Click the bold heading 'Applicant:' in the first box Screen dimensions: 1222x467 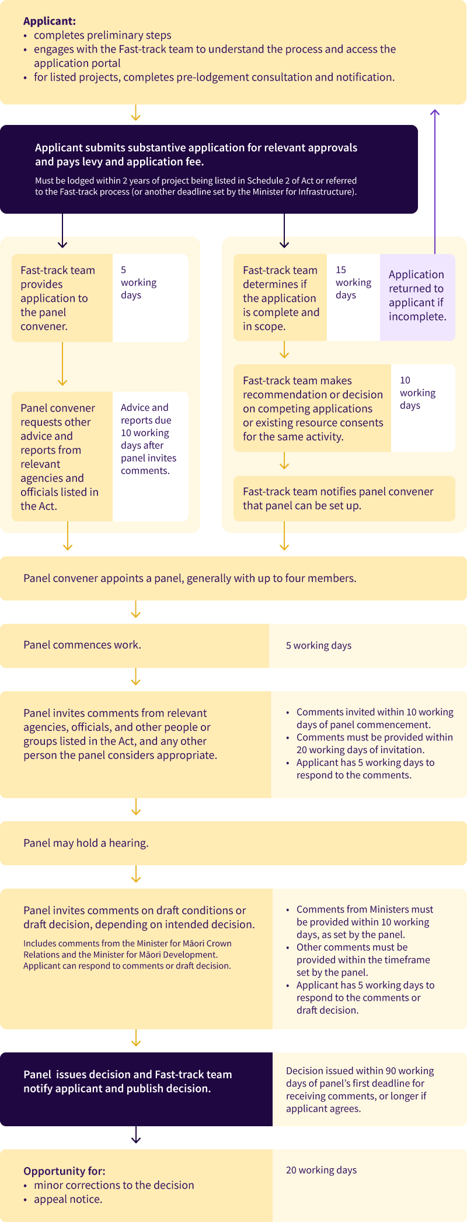[50, 22]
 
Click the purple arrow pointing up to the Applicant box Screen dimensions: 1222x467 [434, 175]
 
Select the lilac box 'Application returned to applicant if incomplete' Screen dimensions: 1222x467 [417, 295]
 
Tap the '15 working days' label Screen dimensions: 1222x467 [353, 283]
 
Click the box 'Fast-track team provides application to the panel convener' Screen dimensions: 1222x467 [62, 298]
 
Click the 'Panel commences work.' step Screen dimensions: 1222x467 [82, 645]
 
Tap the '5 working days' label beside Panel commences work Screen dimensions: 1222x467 [319, 646]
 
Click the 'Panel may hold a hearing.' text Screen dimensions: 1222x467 [86, 843]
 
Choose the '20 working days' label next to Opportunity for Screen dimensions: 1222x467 [322, 1170]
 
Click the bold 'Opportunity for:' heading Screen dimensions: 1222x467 [64, 1171]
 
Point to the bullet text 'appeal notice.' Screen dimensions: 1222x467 [68, 1199]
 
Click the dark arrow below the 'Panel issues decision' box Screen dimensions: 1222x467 [136, 1136]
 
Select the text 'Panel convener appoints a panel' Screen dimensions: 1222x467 [190, 579]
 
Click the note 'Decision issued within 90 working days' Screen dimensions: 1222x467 [360, 1089]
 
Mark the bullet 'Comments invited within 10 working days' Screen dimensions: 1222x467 [374, 718]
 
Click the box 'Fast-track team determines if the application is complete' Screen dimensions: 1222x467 [280, 298]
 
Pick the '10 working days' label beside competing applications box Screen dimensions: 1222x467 [417, 393]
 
